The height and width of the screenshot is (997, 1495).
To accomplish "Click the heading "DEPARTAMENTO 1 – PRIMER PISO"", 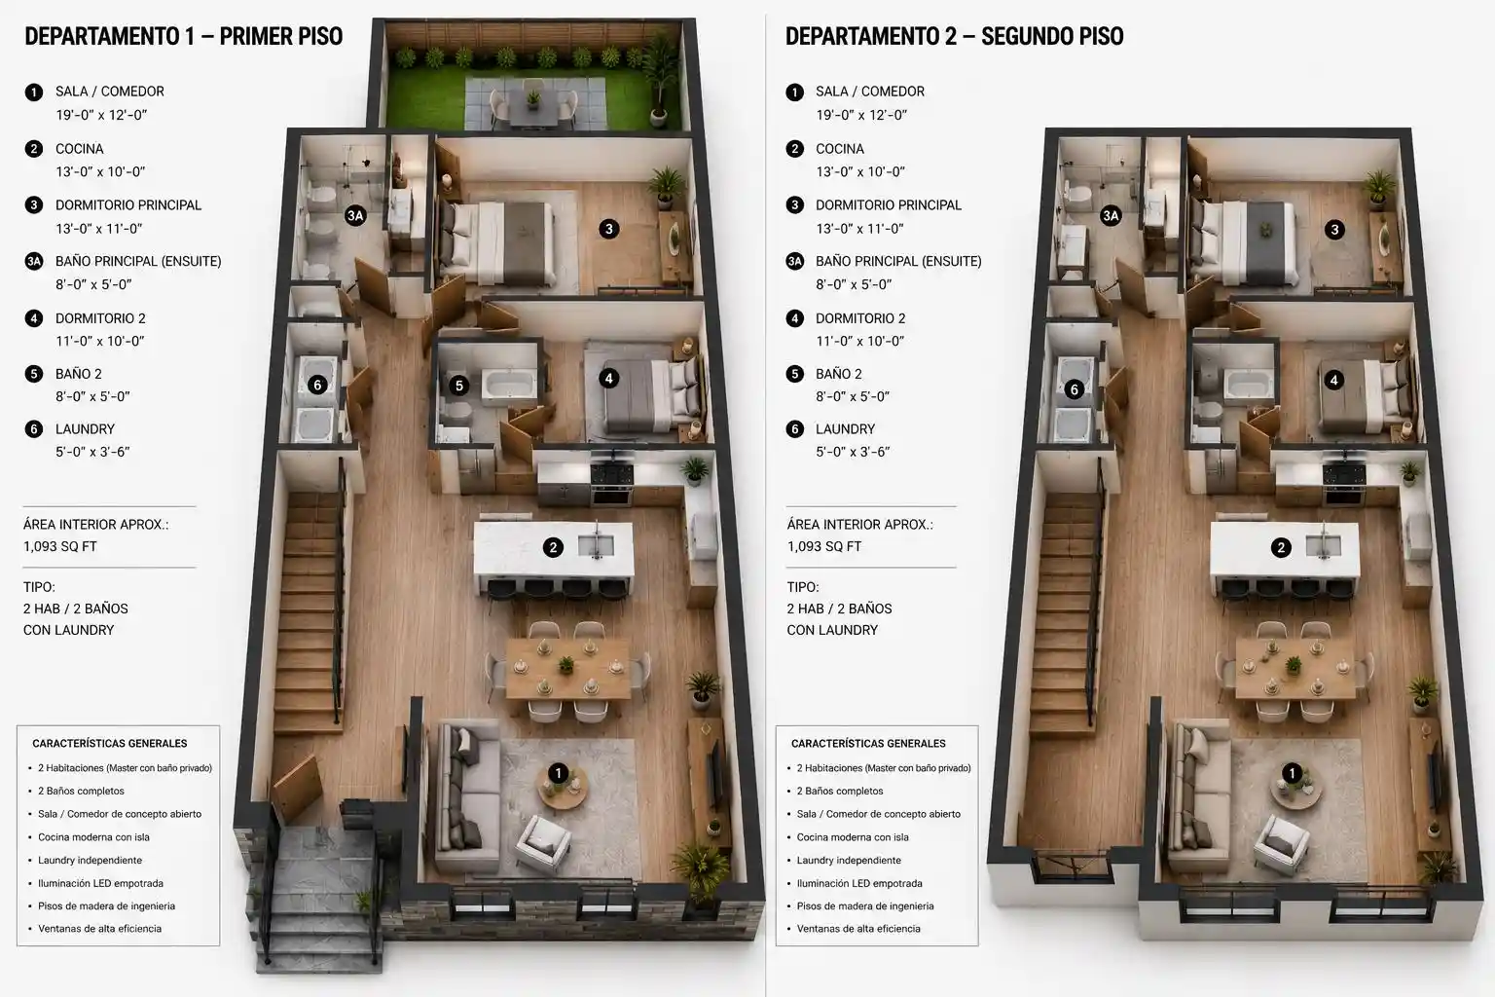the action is (184, 36).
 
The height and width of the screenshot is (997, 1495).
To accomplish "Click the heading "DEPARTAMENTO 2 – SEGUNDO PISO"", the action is (955, 36).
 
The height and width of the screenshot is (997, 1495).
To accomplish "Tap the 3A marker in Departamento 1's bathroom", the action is (355, 216).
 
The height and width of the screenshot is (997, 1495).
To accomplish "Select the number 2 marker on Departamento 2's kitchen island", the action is (1281, 547).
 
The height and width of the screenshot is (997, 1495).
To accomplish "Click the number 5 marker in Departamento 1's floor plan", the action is (458, 386).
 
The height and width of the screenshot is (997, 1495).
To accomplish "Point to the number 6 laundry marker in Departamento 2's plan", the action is (1074, 389).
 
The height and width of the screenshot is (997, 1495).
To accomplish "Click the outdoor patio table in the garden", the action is (532, 107).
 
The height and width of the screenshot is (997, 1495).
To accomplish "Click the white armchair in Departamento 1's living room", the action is (544, 843).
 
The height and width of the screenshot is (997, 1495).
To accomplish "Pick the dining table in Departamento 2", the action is (1295, 669).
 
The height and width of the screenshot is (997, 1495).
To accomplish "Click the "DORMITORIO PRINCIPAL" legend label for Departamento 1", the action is (128, 205).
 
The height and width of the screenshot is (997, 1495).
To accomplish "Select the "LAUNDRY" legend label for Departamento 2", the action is (845, 428).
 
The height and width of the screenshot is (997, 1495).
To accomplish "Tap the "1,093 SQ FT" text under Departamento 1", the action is (60, 546).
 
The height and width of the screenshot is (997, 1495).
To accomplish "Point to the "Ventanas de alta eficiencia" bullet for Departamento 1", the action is (99, 928).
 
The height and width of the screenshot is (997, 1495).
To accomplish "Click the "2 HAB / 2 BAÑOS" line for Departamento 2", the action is (839, 609).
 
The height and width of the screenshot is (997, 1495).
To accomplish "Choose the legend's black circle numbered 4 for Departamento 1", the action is (33, 318).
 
